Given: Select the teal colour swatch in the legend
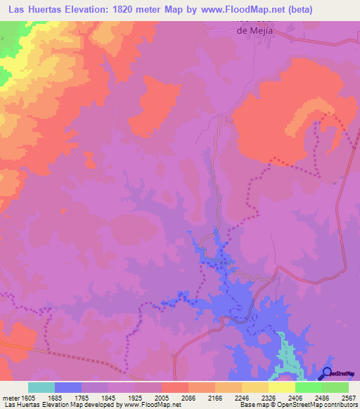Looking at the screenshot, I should coord(41,387).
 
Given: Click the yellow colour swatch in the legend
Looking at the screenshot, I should coord(281,387).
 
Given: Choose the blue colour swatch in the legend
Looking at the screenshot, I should coord(68,387).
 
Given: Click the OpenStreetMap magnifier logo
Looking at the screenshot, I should coord(327,374).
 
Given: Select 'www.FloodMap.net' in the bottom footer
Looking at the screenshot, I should coord(149,405).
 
